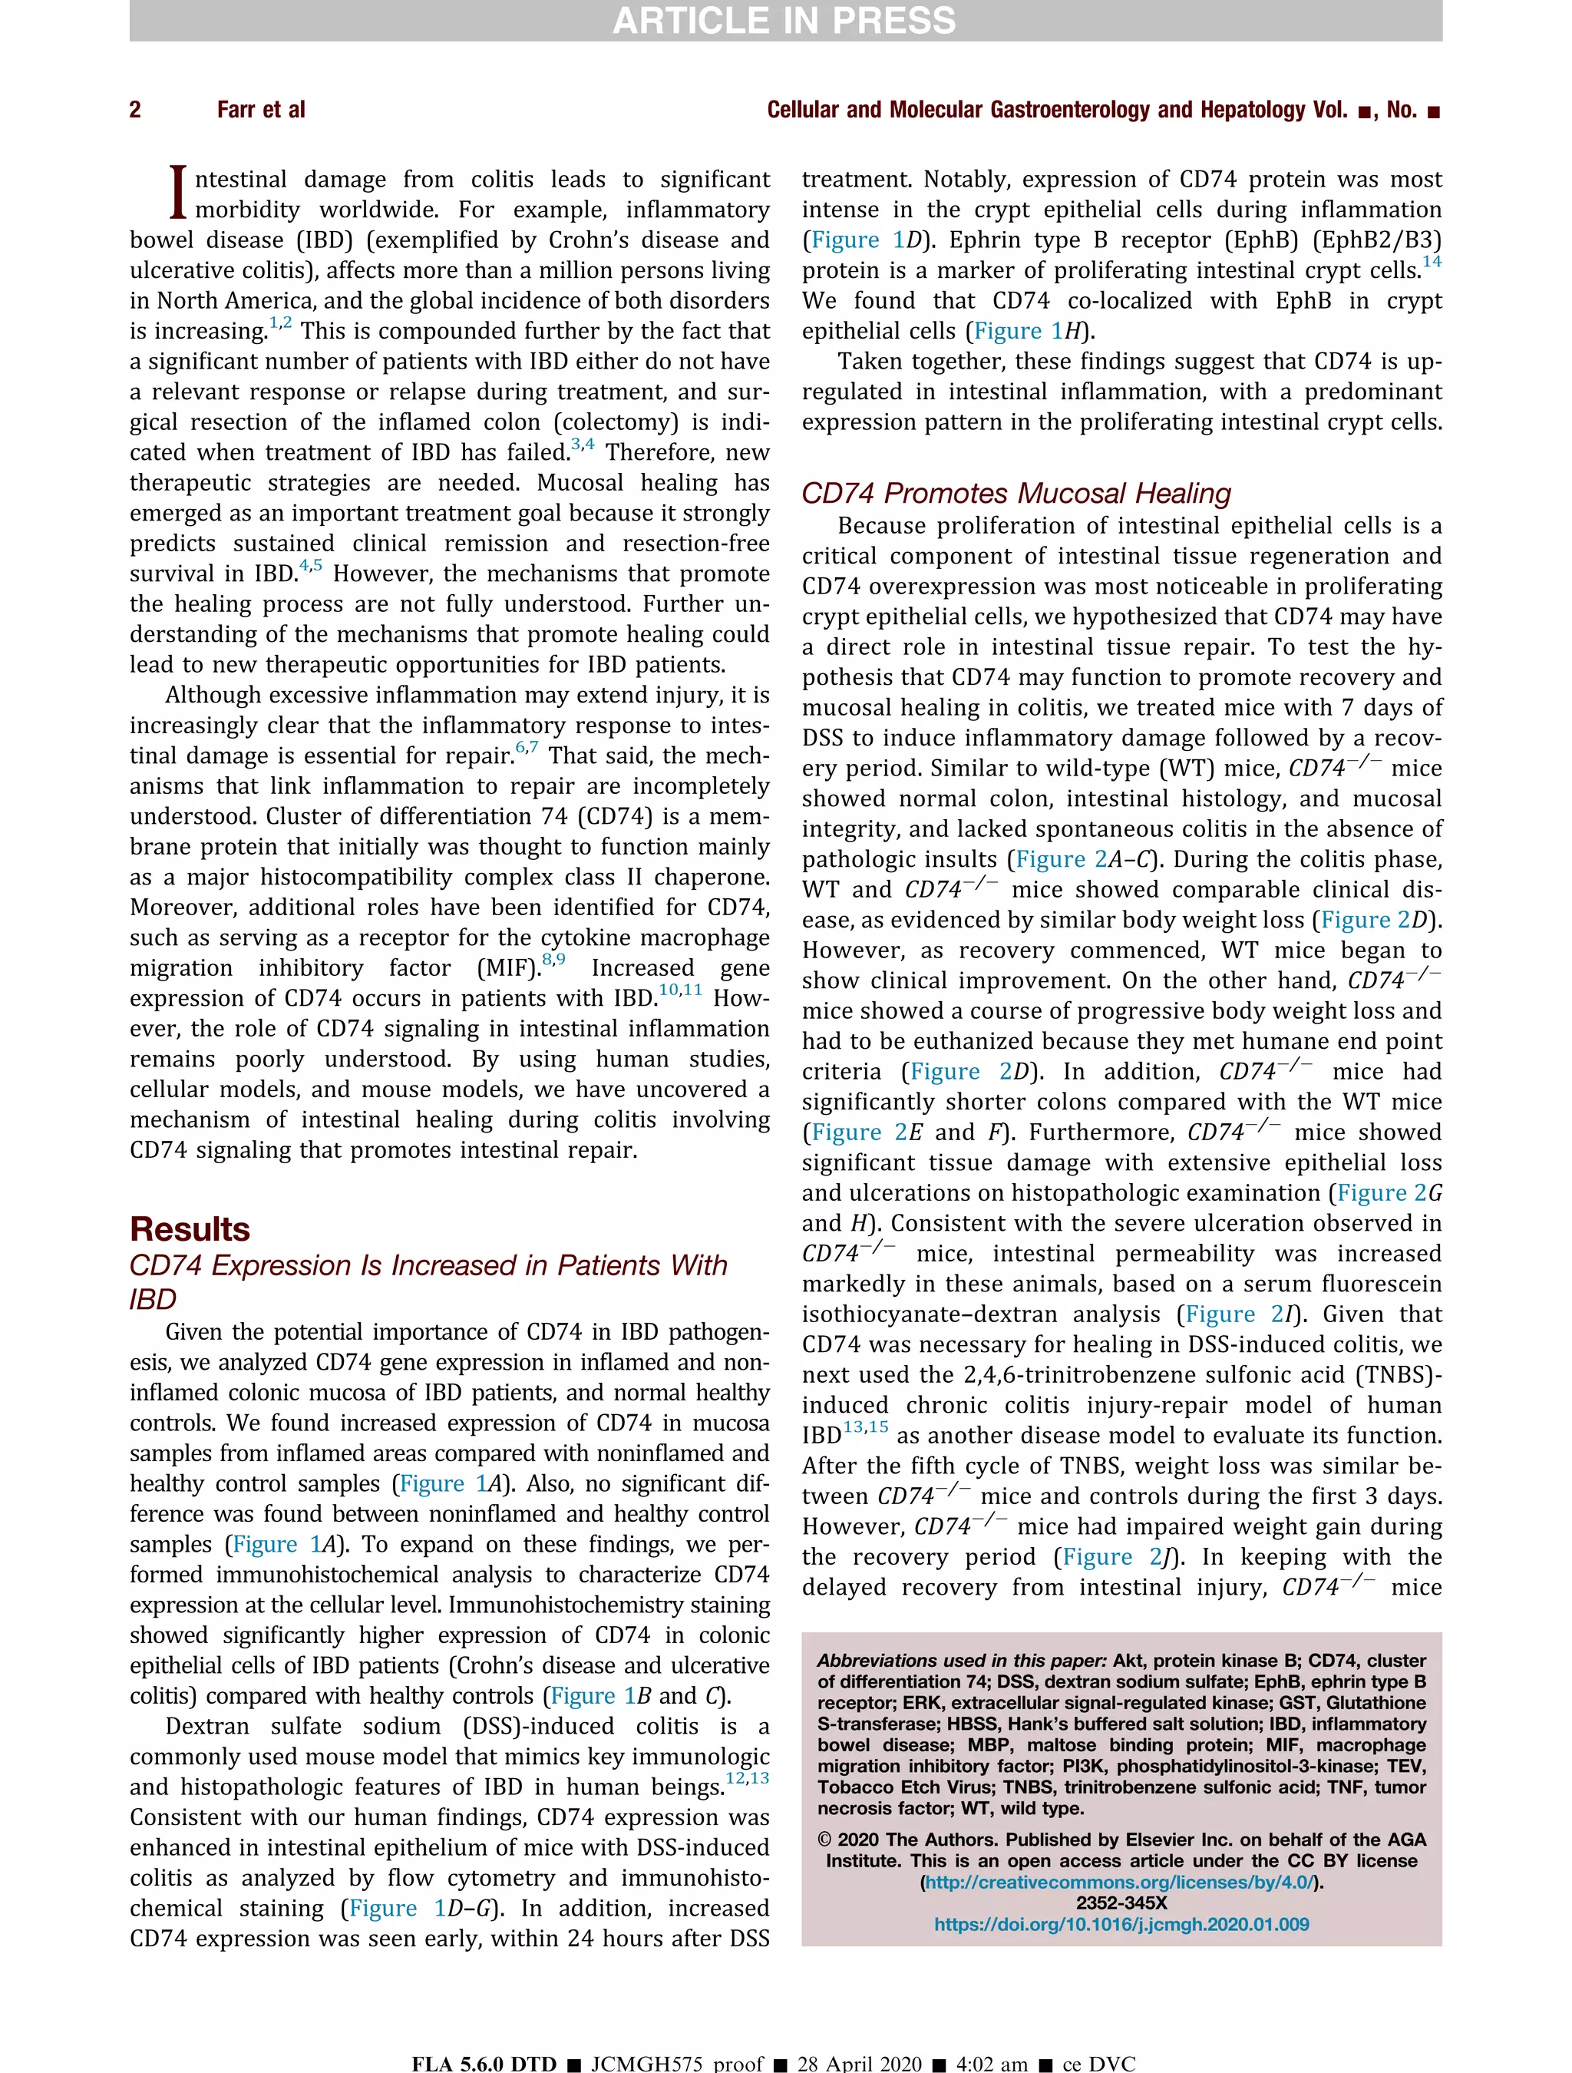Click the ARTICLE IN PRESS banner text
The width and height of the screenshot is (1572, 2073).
784,21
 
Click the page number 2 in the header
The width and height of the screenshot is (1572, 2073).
135,111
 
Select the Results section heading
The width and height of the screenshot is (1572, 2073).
190,1228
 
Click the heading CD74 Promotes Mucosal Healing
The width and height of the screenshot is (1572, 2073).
1016,493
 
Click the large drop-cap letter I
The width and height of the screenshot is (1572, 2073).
178,192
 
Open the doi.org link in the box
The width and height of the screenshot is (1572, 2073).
1121,1924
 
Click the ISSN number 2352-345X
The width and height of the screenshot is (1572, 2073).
1121,1903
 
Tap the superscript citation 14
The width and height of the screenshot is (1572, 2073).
1431,263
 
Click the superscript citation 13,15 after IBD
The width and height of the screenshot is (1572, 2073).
865,1427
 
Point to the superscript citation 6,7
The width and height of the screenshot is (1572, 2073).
526,748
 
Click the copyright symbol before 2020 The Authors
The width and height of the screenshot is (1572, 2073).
824,1840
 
